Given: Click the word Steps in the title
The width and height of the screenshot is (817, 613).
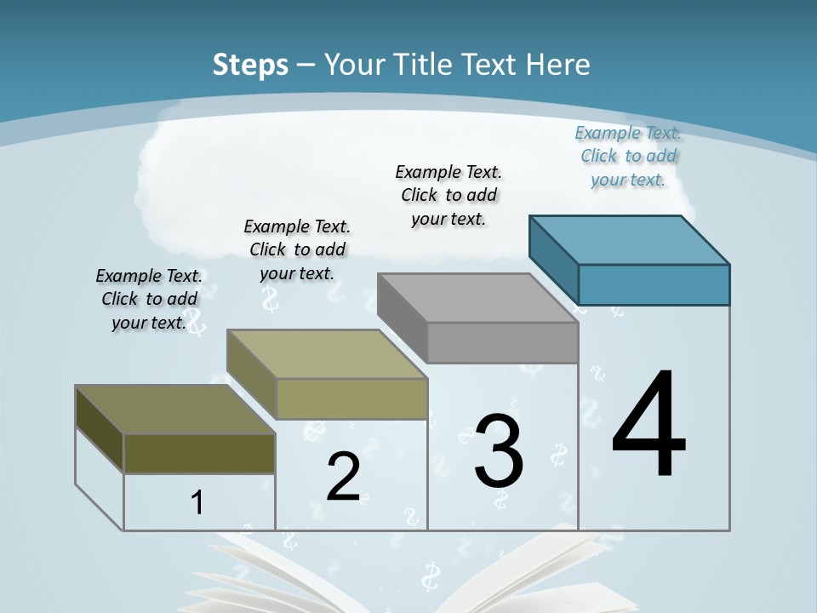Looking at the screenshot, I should [250, 65].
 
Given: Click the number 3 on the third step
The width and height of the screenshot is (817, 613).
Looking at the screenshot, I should [499, 451].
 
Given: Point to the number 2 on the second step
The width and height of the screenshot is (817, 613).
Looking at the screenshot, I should [343, 477].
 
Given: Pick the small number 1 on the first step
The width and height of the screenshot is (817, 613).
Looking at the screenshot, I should [197, 503].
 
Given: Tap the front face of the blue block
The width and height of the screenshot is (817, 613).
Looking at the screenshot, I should [654, 284].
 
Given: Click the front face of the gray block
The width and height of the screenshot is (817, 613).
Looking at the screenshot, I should [502, 342].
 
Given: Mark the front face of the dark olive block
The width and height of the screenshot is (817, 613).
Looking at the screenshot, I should [199, 453].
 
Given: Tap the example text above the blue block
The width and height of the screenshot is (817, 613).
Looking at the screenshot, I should [628, 156].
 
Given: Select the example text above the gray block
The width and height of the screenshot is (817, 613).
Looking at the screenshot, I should [449, 195].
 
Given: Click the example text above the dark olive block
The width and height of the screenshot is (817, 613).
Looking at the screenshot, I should [149, 299].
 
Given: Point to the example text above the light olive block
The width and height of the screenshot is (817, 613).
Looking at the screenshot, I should [297, 249].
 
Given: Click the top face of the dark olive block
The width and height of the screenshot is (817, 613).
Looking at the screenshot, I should [175, 410].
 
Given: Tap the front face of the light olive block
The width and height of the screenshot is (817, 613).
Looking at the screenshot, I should [351, 398].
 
